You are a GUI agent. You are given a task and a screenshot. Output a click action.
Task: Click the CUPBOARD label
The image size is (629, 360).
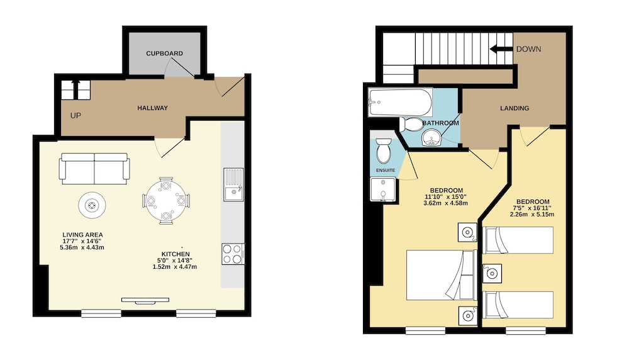[164, 53]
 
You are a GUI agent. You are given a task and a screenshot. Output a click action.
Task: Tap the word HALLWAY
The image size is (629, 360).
[152, 108]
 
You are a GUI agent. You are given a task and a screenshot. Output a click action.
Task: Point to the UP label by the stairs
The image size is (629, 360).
[76, 116]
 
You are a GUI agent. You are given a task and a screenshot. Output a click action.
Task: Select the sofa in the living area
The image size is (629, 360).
[94, 168]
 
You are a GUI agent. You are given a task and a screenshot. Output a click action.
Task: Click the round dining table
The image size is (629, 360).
[166, 200]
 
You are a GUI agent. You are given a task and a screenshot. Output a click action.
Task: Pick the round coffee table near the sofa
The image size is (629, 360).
[92, 205]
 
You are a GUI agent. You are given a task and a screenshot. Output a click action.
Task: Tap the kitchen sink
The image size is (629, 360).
[233, 184]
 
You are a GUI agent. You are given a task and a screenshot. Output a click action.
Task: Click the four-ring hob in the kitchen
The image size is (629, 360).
[233, 254]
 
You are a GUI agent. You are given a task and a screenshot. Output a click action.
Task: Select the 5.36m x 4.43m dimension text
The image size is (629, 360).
[82, 247]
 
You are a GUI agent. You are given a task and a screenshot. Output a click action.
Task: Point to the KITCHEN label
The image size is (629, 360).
[175, 254]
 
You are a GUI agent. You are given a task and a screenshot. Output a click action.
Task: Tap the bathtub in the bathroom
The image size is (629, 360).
[400, 103]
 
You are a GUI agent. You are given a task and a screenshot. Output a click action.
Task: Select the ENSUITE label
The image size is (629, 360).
[386, 170]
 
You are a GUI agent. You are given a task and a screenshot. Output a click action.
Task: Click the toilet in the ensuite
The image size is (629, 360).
[384, 150]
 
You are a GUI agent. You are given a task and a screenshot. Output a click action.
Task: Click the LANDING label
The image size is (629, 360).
[515, 108]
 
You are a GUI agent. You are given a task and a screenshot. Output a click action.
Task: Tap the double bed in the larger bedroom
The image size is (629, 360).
[442, 275]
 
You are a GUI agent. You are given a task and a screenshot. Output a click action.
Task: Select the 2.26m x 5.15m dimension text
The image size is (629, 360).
[532, 215]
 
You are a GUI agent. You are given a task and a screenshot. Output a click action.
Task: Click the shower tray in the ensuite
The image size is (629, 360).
[382, 189]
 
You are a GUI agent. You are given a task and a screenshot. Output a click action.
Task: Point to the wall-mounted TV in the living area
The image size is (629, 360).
[145, 300]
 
